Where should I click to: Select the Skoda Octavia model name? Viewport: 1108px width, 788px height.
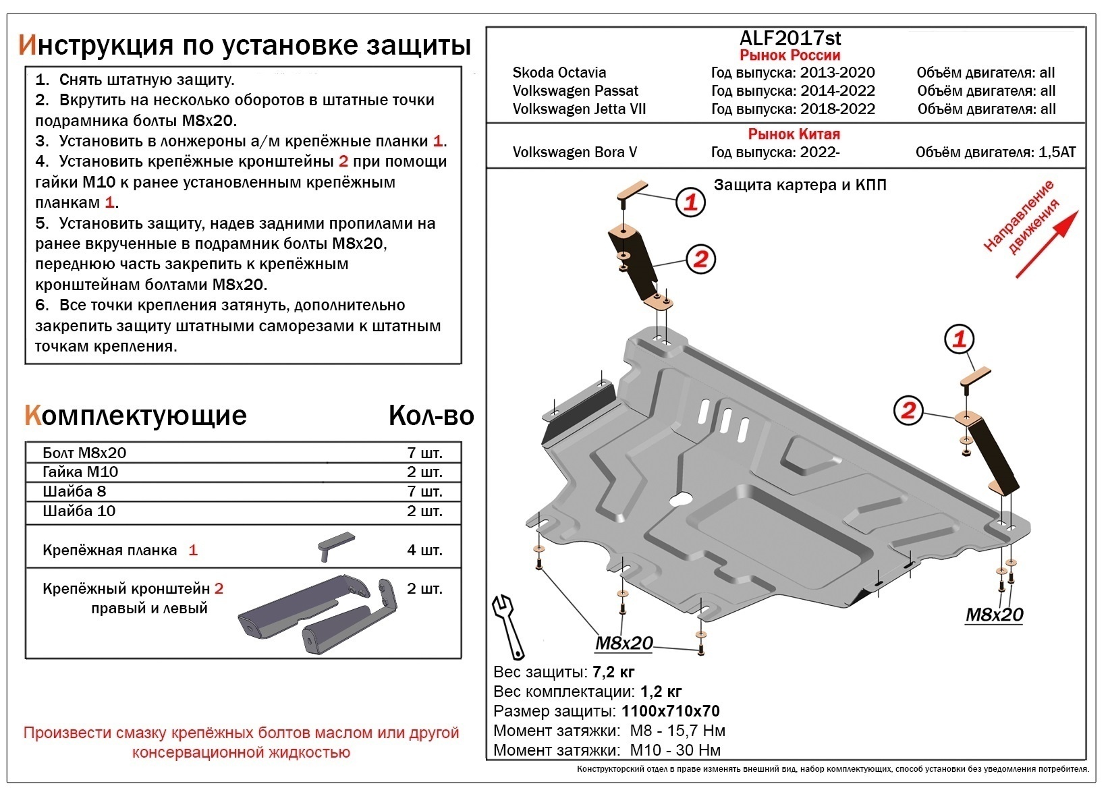(x=559, y=73)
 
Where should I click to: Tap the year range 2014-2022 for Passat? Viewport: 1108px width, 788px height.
(x=837, y=91)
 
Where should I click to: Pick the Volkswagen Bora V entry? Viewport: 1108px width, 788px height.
(x=574, y=152)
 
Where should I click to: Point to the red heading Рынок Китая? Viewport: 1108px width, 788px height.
(x=794, y=134)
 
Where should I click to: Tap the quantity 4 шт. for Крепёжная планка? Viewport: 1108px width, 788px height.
(x=424, y=551)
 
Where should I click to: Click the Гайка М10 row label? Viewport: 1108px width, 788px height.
(x=80, y=472)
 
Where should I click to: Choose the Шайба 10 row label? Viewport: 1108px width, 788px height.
(x=79, y=511)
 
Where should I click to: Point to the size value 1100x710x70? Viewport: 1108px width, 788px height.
(x=670, y=712)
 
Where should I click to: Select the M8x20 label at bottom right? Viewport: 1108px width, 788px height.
(x=994, y=615)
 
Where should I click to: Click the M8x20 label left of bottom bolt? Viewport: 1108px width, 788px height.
(x=624, y=644)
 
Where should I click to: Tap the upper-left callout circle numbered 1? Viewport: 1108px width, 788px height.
(x=690, y=202)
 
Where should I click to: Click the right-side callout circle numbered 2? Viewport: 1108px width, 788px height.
(x=908, y=410)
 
